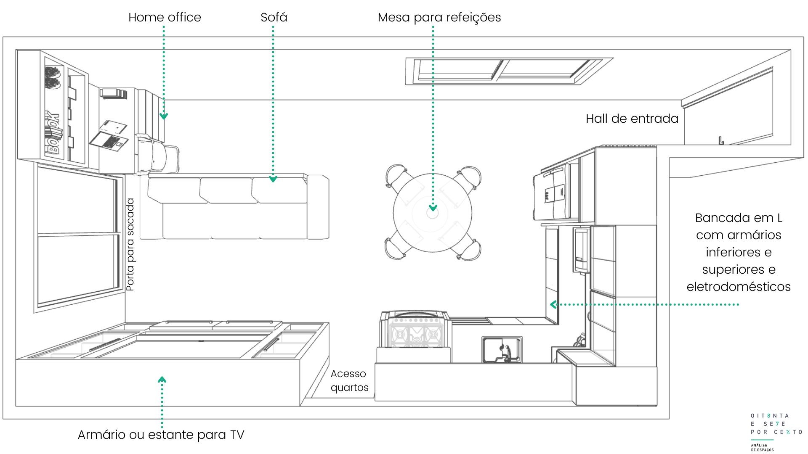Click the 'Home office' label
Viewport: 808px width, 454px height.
(x=165, y=17)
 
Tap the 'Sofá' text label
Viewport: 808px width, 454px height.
(x=274, y=17)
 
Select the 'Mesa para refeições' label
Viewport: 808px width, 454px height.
(x=439, y=18)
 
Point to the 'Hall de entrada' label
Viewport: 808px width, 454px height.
(x=632, y=119)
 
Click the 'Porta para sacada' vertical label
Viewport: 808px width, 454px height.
(x=130, y=245)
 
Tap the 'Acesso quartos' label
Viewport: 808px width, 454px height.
(x=349, y=380)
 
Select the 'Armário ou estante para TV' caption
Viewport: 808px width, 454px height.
(x=161, y=435)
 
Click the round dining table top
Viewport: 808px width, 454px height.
(x=433, y=213)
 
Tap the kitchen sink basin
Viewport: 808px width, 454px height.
(x=502, y=349)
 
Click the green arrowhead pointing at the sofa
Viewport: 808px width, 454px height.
(x=273, y=179)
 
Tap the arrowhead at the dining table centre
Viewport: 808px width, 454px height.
(x=433, y=208)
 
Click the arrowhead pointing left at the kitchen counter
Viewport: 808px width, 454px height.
(x=553, y=304)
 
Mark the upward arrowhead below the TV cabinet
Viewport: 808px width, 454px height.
(x=162, y=380)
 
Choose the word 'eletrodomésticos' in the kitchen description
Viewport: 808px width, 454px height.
(x=739, y=287)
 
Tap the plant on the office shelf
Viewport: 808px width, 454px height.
(x=53, y=78)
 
